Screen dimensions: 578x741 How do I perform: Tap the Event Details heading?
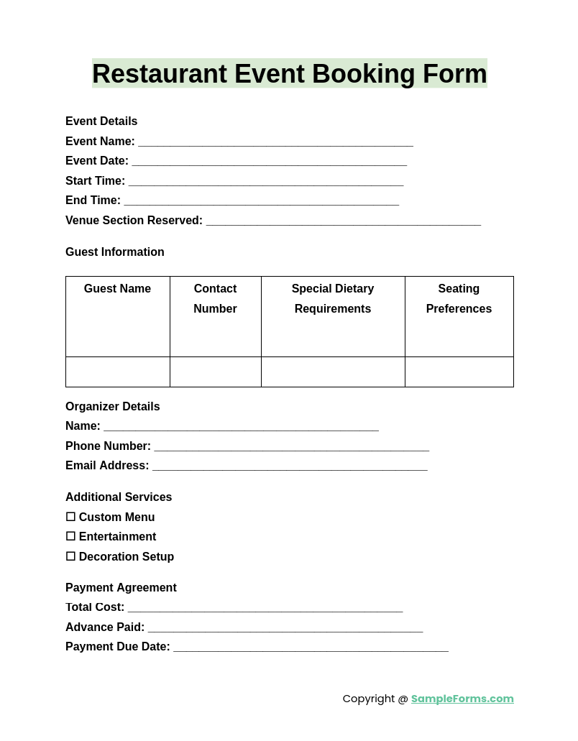(x=101, y=121)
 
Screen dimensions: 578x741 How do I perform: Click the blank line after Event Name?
(x=275, y=143)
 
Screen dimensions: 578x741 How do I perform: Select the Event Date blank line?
(x=269, y=162)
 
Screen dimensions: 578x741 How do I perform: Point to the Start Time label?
(x=95, y=181)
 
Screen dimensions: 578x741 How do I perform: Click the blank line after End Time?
(x=261, y=202)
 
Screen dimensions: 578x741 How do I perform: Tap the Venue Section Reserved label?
(x=134, y=221)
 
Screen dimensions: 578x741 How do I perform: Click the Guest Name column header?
(x=117, y=289)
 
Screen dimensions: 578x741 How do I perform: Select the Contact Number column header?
(x=215, y=299)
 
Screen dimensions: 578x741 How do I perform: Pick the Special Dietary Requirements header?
(x=333, y=299)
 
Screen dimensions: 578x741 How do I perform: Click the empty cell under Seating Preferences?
(x=459, y=372)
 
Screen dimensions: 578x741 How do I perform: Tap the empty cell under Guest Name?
(x=118, y=372)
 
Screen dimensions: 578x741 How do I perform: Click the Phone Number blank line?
(x=291, y=448)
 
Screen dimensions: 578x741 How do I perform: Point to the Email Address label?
(x=107, y=466)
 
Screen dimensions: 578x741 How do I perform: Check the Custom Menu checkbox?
(x=70, y=517)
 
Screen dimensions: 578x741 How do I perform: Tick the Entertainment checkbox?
(x=70, y=537)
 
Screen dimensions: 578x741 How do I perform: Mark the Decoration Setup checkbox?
(x=70, y=556)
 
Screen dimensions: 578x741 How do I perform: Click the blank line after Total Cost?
(x=265, y=609)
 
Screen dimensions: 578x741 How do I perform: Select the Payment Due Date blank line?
(x=311, y=648)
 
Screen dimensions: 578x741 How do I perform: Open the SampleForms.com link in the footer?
(x=462, y=699)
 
